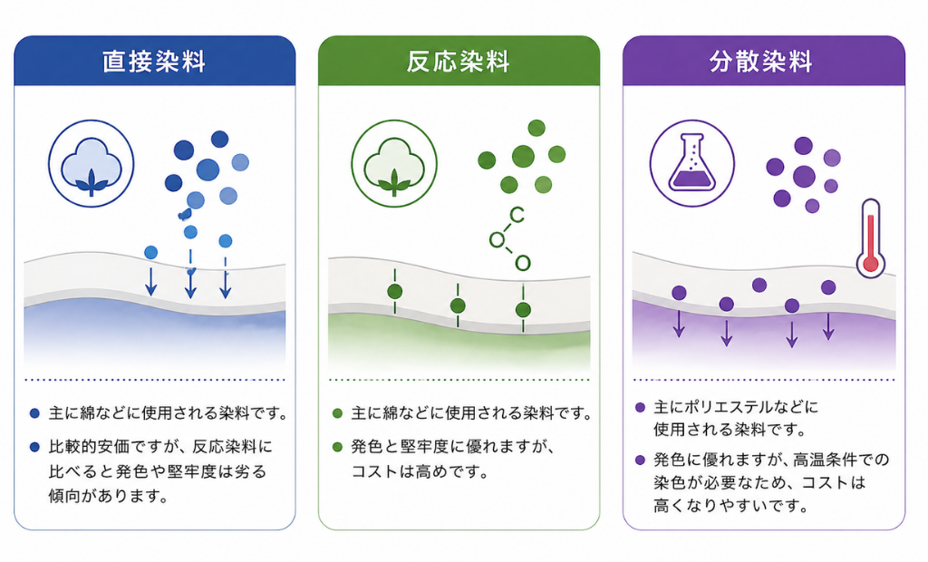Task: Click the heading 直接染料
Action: coord(154,62)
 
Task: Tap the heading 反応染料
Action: coord(459,62)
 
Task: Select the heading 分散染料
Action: coord(762,62)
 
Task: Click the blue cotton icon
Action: coord(92,164)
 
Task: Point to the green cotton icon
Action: coord(394,164)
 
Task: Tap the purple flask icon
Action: coord(692,164)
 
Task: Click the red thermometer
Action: coord(871,235)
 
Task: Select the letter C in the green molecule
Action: coord(517,215)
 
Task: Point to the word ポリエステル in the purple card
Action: coord(722,407)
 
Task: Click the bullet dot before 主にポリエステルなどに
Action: coord(641,408)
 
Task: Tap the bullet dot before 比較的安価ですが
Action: coord(34,448)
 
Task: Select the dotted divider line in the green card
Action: coord(459,380)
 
